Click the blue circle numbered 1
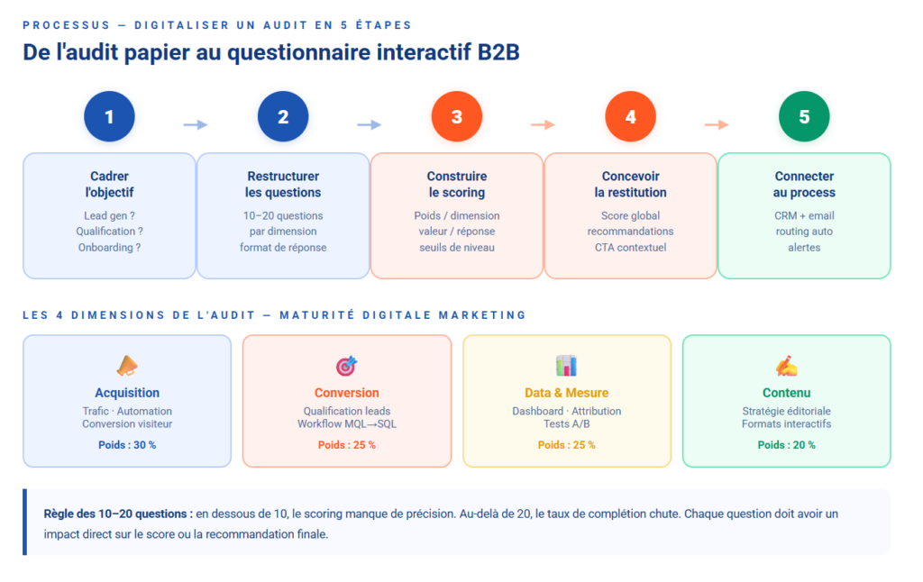[109, 117]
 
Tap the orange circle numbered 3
[457, 117]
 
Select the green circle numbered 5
[804, 117]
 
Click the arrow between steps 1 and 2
[196, 124]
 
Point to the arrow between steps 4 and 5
[717, 124]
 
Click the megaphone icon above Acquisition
[127, 365]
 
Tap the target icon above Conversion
[346, 366]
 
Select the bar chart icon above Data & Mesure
[566, 365]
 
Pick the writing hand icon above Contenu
[786, 366]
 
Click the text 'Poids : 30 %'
[127, 445]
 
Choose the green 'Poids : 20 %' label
[786, 445]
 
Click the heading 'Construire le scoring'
[457, 185]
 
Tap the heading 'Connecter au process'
[804, 185]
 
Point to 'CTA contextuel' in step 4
[631, 247]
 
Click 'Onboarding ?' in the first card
[109, 247]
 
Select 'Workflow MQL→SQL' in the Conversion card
[347, 424]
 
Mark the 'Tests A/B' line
[566, 424]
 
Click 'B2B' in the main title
[498, 52]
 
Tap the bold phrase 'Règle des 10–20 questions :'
[118, 514]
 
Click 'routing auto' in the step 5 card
[804, 232]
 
